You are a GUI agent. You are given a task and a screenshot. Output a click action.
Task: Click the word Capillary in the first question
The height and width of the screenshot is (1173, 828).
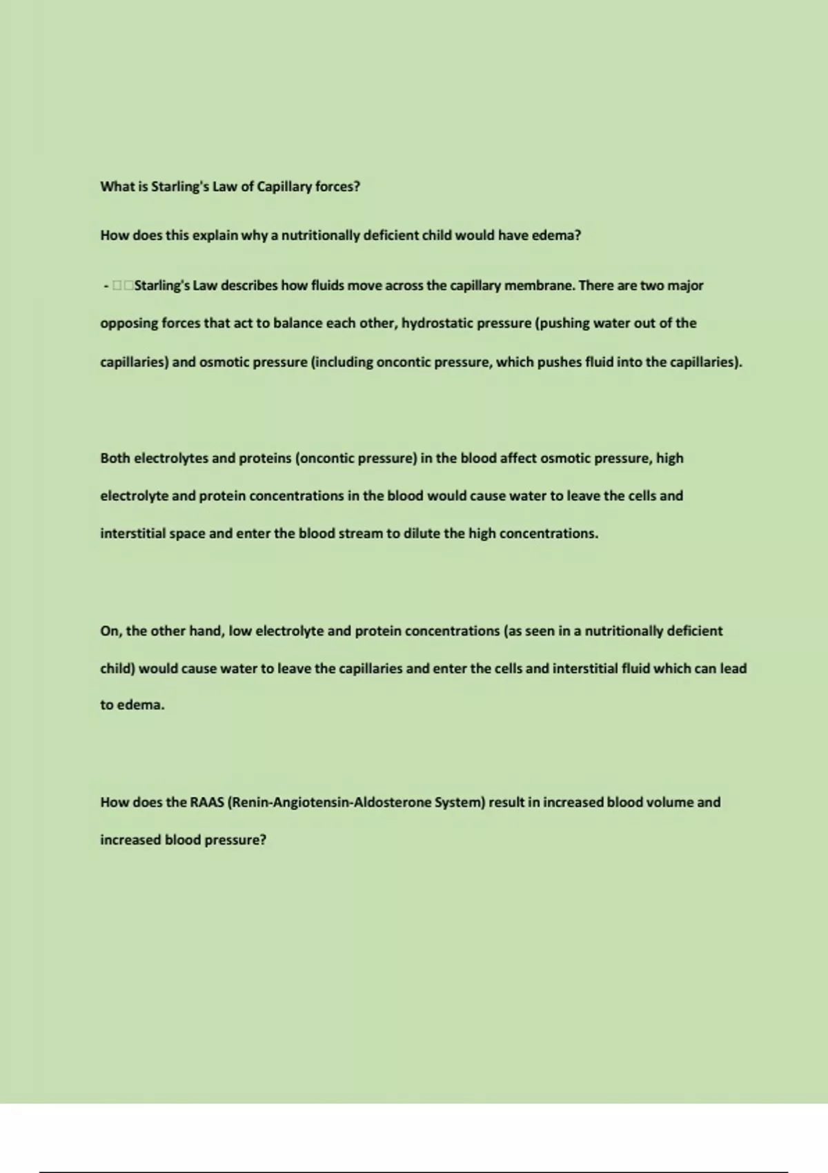284,187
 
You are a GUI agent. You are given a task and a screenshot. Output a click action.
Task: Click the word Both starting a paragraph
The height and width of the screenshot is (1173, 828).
115,458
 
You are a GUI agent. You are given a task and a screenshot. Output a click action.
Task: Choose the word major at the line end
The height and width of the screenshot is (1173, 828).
685,286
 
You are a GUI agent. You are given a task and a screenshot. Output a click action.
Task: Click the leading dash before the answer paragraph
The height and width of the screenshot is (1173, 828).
106,286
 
